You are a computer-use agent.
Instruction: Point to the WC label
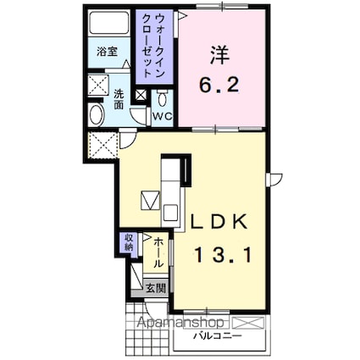pos(163,115)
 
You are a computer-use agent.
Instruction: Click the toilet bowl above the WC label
pos(163,98)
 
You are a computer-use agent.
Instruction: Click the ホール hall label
pos(158,252)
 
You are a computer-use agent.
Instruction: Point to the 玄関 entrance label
pos(155,288)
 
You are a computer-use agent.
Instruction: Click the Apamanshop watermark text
pos(175,324)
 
